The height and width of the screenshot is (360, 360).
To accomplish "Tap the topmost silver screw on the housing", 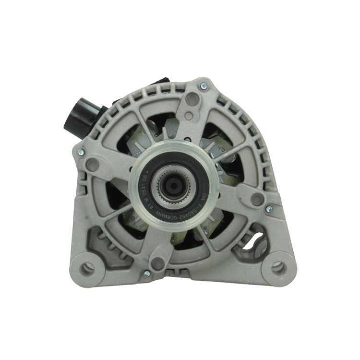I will point(204,86).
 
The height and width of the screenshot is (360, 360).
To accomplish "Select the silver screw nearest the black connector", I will point(80,152).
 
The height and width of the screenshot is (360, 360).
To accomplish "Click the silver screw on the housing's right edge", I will point(269,209).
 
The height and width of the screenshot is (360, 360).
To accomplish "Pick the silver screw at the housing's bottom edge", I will point(147,273).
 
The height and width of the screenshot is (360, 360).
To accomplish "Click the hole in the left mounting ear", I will point(87,268).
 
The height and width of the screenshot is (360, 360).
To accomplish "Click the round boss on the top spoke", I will point(192,100).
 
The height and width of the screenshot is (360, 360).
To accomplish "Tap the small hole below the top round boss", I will point(189,116).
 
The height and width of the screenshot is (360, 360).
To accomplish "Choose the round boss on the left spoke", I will point(93,165).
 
